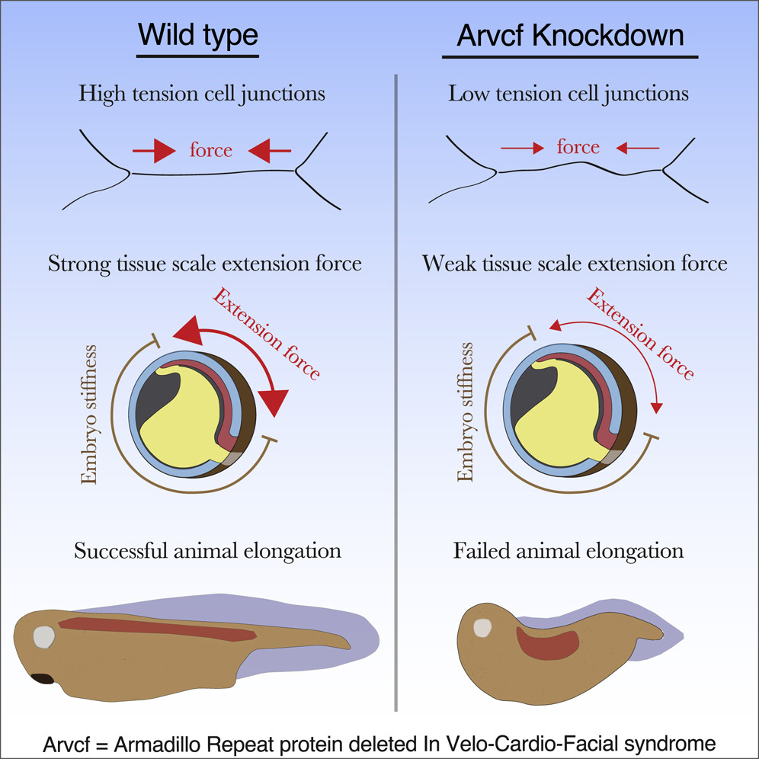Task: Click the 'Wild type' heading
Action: [197, 35]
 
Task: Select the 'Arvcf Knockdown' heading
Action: [569, 35]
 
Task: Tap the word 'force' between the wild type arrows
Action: [210, 150]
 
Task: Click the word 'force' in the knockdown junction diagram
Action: [578, 146]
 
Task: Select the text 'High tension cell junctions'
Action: [202, 94]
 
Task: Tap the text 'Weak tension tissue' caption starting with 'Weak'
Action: [575, 264]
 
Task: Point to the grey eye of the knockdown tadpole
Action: [482, 626]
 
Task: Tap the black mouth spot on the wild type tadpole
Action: [42, 677]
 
